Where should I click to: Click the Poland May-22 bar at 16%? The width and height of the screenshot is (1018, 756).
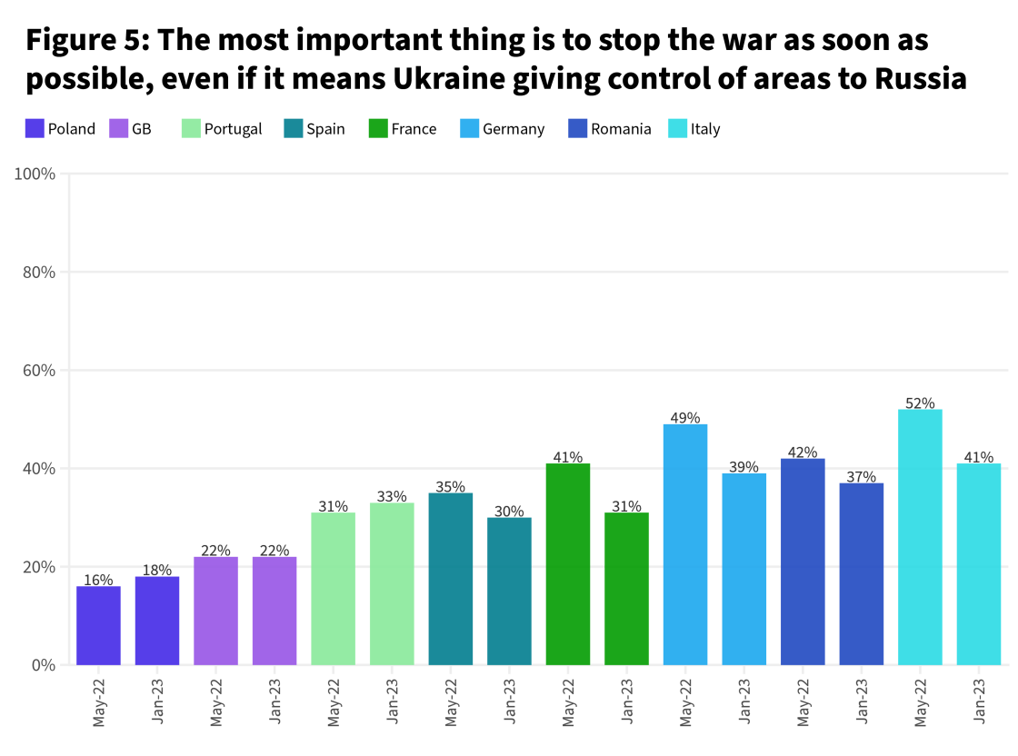[x=98, y=625]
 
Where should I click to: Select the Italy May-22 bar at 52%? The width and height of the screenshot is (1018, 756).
[x=920, y=537]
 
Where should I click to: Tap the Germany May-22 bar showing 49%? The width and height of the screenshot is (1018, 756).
[x=685, y=544]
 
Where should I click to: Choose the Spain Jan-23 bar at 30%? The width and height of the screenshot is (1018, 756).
[x=509, y=591]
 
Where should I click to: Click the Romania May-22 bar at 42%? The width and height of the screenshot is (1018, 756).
[x=803, y=562]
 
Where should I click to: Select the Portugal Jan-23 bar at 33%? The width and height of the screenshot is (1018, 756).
[x=392, y=583]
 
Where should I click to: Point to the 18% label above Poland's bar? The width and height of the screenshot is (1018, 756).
[x=157, y=570]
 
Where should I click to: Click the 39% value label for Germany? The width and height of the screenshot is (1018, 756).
[x=744, y=467]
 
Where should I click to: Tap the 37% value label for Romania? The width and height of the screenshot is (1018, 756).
[x=861, y=476]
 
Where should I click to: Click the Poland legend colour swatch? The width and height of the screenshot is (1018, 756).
[x=35, y=129]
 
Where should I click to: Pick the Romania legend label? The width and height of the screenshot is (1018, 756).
[x=621, y=129]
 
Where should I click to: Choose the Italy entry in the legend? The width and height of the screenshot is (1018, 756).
[x=704, y=129]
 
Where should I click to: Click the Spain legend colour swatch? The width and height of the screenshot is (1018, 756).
[x=294, y=129]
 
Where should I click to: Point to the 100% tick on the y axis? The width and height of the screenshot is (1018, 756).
[x=35, y=174]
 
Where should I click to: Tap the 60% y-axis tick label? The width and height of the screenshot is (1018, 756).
[x=39, y=371]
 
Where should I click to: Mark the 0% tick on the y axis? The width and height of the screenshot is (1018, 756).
[x=44, y=665]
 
